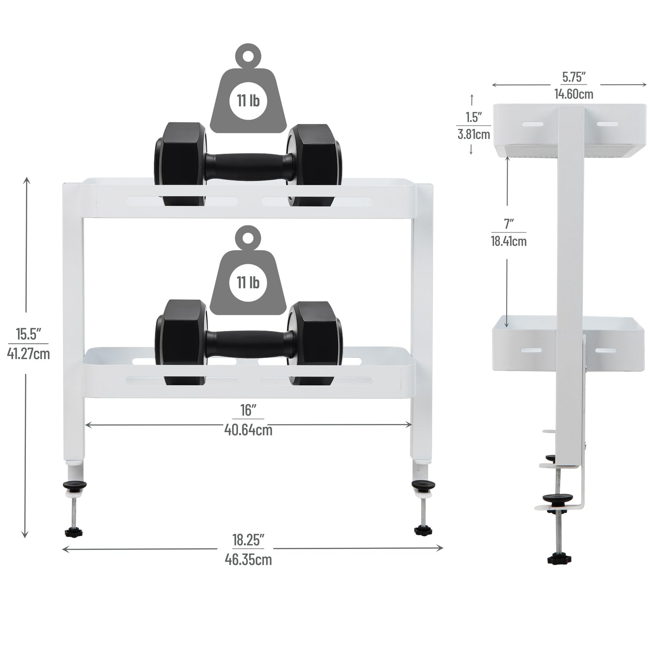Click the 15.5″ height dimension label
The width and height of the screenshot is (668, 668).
pyautogui.click(x=28, y=333)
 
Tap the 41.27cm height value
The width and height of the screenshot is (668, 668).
pyautogui.click(x=28, y=354)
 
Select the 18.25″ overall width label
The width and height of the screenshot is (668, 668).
pyautogui.click(x=248, y=539)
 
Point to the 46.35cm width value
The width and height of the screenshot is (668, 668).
pyautogui.click(x=248, y=560)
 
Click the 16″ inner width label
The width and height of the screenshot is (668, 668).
pyautogui.click(x=248, y=410)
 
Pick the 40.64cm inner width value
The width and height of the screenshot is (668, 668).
pyautogui.click(x=248, y=430)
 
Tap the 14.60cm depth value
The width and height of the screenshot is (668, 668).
pyautogui.click(x=574, y=94)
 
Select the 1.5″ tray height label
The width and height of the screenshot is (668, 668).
pyautogui.click(x=472, y=117)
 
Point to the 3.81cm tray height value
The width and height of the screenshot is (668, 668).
pyautogui.click(x=472, y=135)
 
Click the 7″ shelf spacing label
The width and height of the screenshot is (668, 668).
pyautogui.click(x=509, y=224)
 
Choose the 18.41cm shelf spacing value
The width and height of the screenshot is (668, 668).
pyautogui.click(x=509, y=241)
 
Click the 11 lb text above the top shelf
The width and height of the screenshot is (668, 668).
pyautogui.click(x=248, y=101)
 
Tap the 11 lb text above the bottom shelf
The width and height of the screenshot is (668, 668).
pyautogui.click(x=248, y=282)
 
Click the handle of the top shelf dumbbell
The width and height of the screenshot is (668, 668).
pyautogui.click(x=248, y=165)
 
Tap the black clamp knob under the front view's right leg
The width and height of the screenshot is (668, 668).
pyautogui.click(x=423, y=529)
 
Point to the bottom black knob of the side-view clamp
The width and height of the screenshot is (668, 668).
pyautogui.click(x=559, y=559)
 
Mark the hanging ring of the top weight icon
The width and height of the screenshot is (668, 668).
pyautogui.click(x=248, y=55)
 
